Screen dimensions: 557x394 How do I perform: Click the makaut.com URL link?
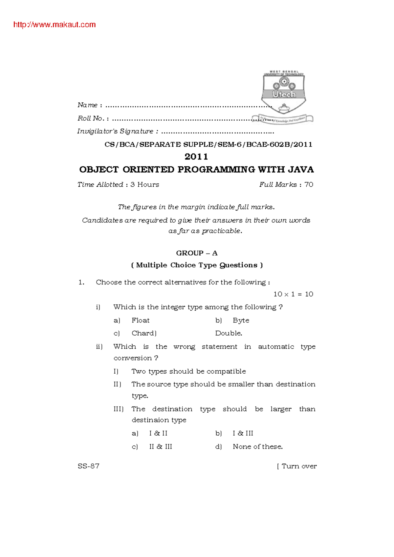[55, 25]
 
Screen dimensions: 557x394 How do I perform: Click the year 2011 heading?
[196, 156]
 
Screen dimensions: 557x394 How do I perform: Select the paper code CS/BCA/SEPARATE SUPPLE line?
[208, 144]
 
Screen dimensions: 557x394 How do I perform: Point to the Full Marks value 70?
[309, 185]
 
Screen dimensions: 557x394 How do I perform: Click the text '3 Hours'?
[144, 185]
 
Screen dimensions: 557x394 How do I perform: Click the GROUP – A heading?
[197, 253]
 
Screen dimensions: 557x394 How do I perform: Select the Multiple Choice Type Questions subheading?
[197, 265]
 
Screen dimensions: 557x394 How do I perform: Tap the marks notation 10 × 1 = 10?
[293, 294]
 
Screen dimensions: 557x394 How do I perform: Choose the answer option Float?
[141, 320]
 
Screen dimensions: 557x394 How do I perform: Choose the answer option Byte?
[241, 320]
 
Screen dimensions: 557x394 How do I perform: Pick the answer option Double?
[229, 333]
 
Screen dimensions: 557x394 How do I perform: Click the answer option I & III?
[243, 433]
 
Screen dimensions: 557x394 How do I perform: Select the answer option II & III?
[161, 447]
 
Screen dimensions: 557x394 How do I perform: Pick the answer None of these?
[258, 447]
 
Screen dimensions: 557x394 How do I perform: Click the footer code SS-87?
[88, 466]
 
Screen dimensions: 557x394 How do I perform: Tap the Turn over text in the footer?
[299, 466]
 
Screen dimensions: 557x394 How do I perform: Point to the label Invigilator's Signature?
[116, 132]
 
